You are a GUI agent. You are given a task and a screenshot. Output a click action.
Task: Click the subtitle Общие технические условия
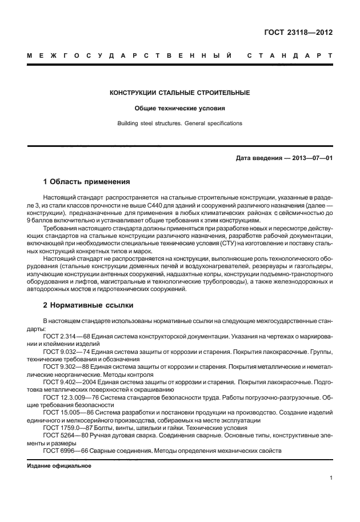pyautogui.click(x=179, y=108)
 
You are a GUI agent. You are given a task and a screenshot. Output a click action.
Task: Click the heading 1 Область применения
pyautogui.click(x=87, y=182)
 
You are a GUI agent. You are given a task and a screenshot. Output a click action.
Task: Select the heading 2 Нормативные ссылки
pyautogui.click(x=87, y=305)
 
